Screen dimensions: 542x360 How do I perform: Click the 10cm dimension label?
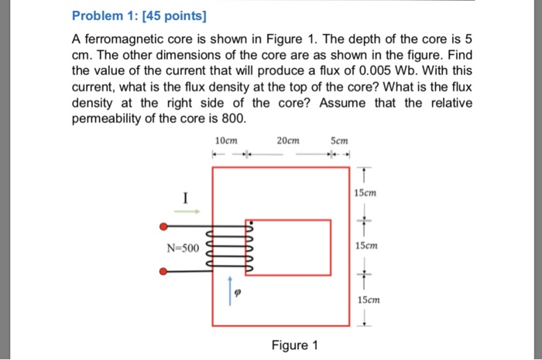pos(226,141)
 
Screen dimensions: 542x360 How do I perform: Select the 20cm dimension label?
pos(287,141)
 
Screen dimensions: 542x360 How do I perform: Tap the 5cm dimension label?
pos(338,141)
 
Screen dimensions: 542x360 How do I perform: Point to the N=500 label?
pos(183,249)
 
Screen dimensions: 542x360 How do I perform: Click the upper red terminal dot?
pos(163,227)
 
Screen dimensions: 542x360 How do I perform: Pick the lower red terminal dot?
pos(163,271)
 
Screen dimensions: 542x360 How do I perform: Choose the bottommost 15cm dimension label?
pos(369,300)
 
